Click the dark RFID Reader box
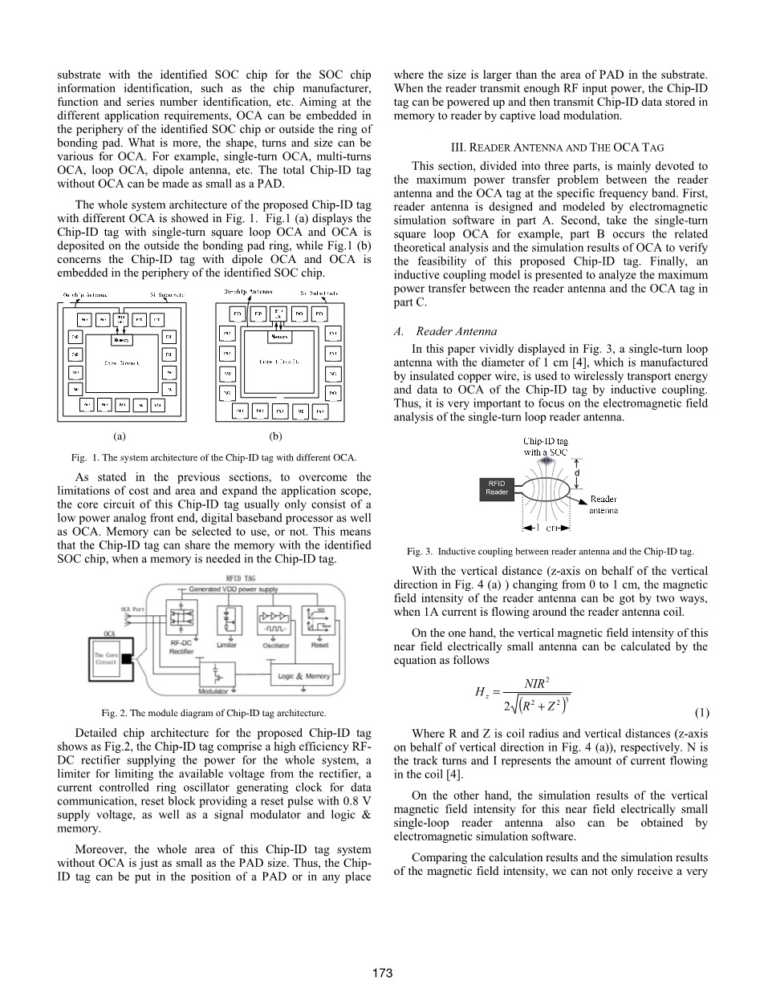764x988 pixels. [497, 488]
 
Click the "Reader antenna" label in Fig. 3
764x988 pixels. [603, 504]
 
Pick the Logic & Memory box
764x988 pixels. [303, 676]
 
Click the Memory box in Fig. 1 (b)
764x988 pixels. [278, 337]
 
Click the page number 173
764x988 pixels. [382, 973]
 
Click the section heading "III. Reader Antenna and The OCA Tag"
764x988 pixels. [551, 148]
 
